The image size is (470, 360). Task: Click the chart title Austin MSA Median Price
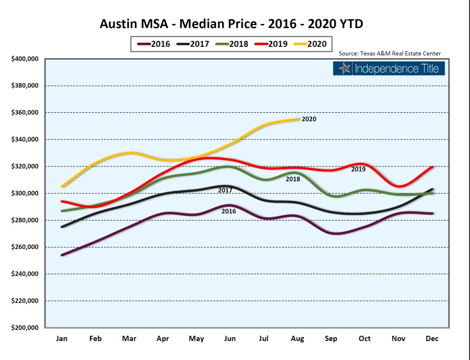[231, 23]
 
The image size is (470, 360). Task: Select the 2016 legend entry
[154, 44]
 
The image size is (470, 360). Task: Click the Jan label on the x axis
[62, 338]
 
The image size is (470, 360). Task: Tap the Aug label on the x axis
[297, 338]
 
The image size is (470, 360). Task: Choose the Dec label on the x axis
[432, 338]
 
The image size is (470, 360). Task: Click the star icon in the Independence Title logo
[344, 69]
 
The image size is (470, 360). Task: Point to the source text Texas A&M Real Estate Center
[390, 54]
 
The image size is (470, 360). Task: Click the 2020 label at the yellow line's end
[309, 119]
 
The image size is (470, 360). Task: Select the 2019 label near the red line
[358, 169]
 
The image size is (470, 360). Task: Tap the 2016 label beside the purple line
[229, 211]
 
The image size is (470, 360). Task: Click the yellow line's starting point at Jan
[62, 186]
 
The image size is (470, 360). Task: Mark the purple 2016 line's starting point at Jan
[62, 255]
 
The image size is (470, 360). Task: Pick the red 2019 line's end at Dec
[432, 167]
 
